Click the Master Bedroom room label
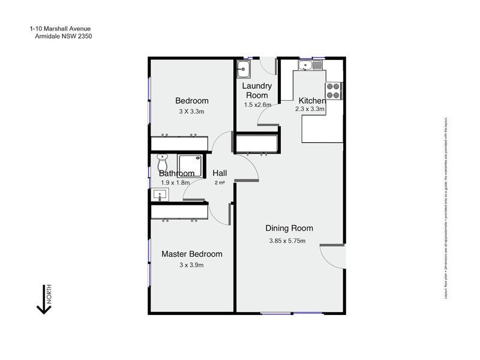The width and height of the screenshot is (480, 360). pos(192,254)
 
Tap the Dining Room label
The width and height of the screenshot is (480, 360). pos(290,228)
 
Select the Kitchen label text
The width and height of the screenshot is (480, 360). pos(312,100)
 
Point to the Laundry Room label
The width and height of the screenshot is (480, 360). pos(257,91)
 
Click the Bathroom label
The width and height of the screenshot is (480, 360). pos(176,173)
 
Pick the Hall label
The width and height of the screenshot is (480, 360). pos(220,173)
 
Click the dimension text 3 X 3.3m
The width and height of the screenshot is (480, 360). pos(192,112)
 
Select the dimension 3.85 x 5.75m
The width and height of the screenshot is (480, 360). pos(287,241)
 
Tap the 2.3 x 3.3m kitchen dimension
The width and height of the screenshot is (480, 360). pos(310,110)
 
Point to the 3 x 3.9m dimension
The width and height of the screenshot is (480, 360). pos(192,265)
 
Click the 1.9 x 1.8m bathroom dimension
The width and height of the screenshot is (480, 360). pos(175,182)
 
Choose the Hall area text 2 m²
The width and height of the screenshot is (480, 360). pos(220,182)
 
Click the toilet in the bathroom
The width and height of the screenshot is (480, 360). pos(162,162)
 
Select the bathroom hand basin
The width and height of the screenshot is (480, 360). pos(160,194)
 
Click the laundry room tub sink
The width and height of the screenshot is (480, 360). pos(244,69)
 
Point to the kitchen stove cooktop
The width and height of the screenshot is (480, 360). pos(334,91)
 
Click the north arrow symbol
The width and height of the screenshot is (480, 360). pos(44,300)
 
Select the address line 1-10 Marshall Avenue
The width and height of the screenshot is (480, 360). pos(60,28)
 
